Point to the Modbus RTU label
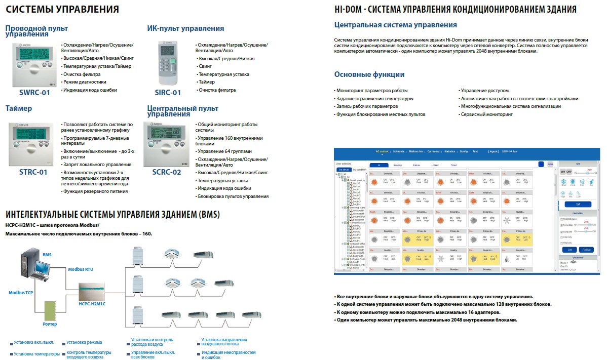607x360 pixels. tap(81, 270)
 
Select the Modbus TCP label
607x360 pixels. tap(20, 293)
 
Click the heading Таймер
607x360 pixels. tap(19, 108)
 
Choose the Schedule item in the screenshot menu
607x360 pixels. tap(398, 151)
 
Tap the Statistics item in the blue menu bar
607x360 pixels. tap(449, 151)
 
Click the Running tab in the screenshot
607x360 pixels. tap(397, 165)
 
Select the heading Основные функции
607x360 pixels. tap(369, 74)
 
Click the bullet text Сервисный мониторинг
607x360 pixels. tap(486, 114)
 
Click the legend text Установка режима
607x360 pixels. tap(84, 342)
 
